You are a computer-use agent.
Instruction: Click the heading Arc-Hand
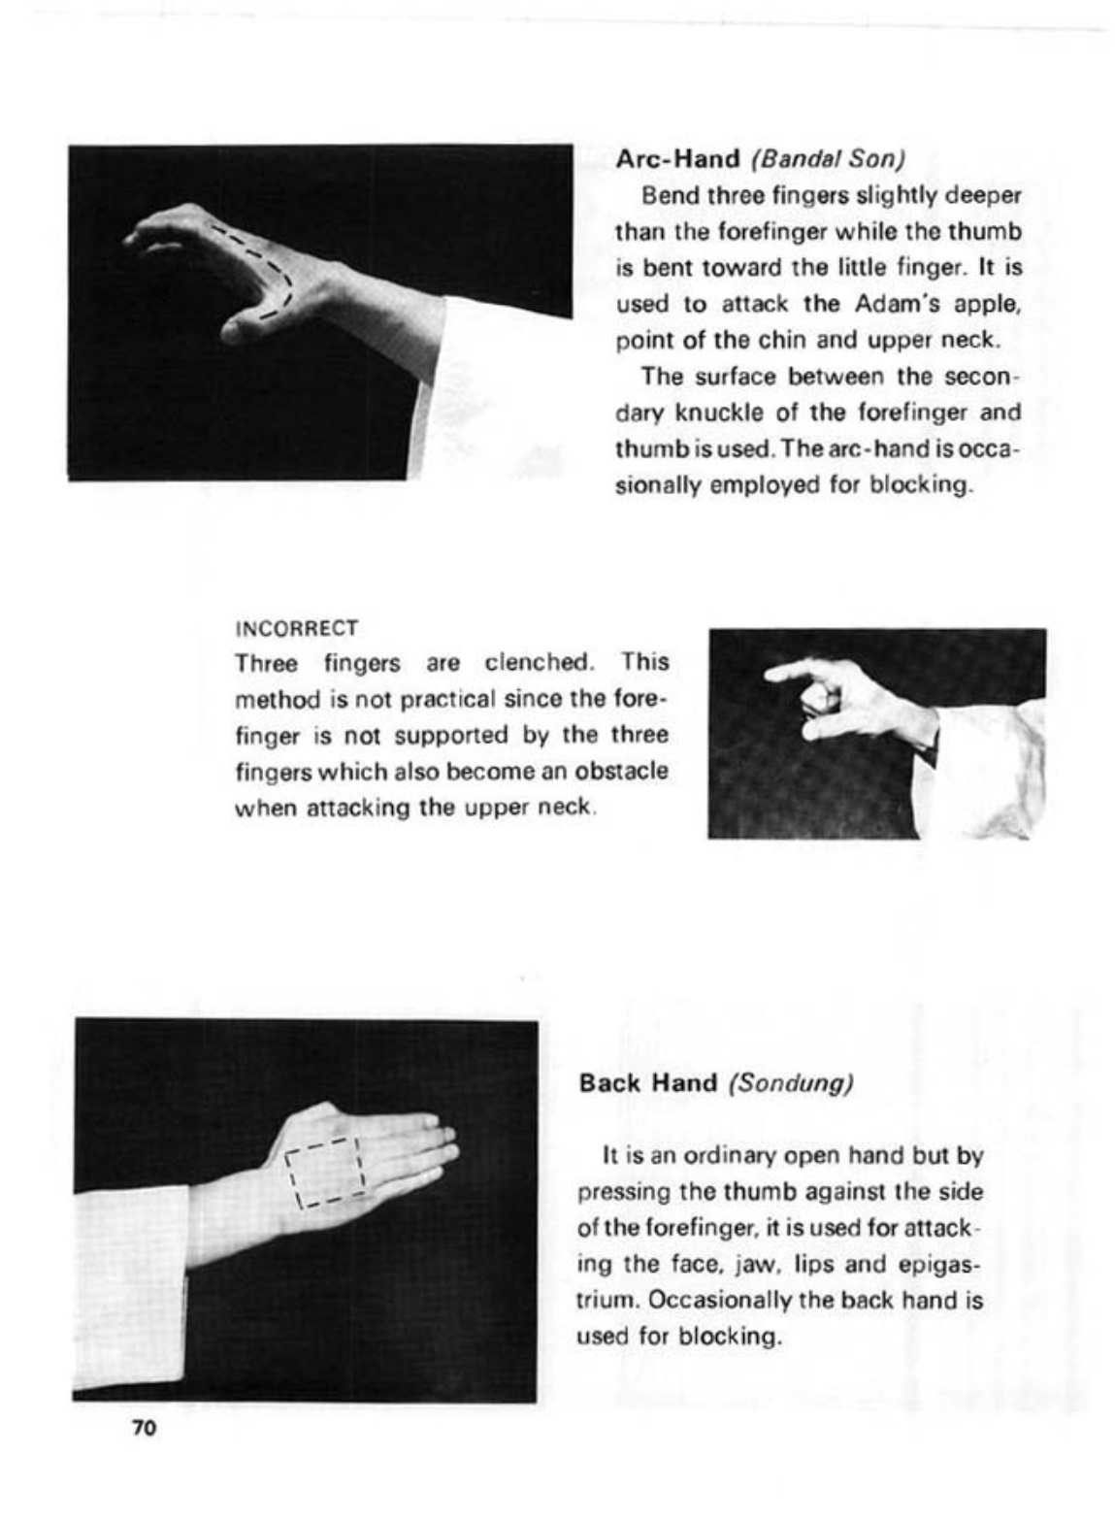(x=677, y=158)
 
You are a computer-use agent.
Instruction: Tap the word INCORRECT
(x=297, y=628)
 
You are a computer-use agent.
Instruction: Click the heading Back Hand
(x=647, y=1082)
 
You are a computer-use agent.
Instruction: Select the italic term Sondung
(x=791, y=1082)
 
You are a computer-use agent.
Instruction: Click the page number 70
(x=144, y=1428)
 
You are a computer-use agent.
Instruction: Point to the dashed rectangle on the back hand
(x=324, y=1173)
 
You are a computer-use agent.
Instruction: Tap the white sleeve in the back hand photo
(x=130, y=1281)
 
